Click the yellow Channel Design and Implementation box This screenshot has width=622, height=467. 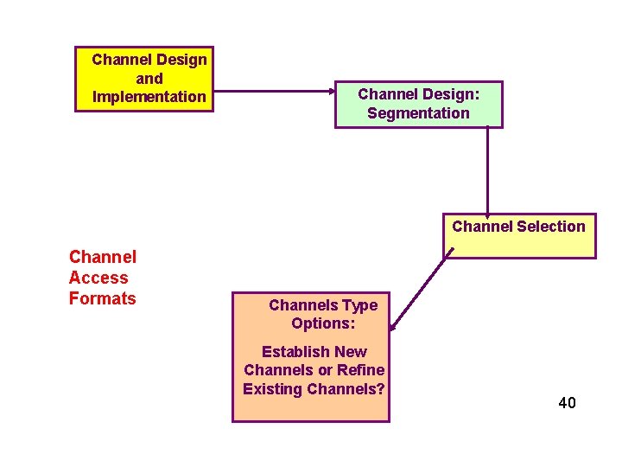[x=143, y=78]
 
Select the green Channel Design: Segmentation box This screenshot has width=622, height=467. [x=418, y=104]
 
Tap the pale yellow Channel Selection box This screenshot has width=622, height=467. [x=519, y=235]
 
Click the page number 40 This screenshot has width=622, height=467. [x=567, y=403]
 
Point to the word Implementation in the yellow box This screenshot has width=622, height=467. [x=149, y=97]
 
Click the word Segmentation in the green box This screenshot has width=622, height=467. [x=418, y=113]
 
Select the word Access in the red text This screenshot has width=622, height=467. [x=98, y=278]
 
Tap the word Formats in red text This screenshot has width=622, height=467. [x=102, y=298]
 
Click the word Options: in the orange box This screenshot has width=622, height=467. [x=324, y=323]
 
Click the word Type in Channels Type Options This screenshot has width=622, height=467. [x=359, y=305]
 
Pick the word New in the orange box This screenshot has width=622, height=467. [x=351, y=352]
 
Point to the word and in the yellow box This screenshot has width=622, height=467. [x=149, y=78]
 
